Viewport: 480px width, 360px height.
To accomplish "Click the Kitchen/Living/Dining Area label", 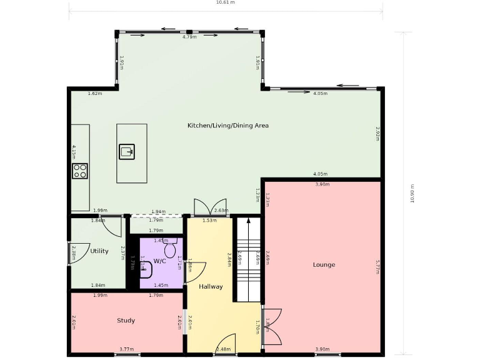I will point(228,126).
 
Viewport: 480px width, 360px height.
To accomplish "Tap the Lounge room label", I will point(324,265).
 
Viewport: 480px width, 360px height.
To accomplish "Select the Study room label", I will point(126,321).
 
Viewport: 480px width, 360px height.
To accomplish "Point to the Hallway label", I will point(211,287).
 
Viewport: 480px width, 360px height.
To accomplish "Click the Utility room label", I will point(99,251).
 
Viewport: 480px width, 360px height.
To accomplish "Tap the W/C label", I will point(159,261).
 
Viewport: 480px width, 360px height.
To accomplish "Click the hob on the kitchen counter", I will point(80,171).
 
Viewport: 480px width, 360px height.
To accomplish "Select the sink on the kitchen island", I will point(127,151).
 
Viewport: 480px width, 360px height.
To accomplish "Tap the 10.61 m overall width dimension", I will point(225,2).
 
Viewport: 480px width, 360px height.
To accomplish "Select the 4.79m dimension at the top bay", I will point(189,37).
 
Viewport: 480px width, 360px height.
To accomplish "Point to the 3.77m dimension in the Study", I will point(127,349).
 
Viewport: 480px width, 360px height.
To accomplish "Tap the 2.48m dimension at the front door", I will point(223,349).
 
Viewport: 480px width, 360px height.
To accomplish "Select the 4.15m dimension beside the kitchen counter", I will point(74,152).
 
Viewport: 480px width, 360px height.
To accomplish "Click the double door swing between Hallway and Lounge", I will point(271,326).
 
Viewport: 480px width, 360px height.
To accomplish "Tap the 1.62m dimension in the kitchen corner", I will point(95,94).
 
